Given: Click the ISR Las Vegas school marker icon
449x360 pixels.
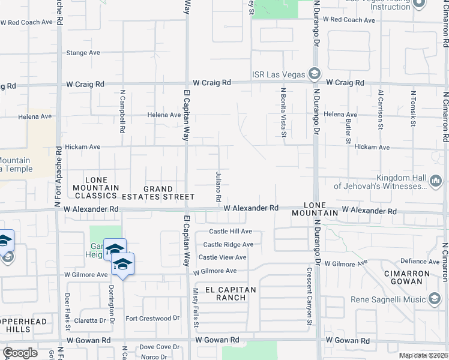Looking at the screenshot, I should (313, 74).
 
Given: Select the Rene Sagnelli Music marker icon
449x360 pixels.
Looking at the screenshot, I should (435, 298).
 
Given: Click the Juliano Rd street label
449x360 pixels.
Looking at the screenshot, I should (219, 187).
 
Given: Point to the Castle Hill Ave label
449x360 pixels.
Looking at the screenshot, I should (231, 232).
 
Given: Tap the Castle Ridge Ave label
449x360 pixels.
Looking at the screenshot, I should (228, 245).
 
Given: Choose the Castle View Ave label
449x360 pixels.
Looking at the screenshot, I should (223, 257).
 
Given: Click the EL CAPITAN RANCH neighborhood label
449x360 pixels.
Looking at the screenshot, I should (231, 293).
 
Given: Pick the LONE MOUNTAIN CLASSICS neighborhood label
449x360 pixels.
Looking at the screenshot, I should (92, 187).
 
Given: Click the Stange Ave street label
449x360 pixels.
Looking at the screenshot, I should (83, 53).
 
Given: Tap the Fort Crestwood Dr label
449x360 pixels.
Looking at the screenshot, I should (152, 318).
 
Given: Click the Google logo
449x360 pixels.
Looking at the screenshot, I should (20, 353).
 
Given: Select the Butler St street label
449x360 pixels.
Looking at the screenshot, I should (349, 127).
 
